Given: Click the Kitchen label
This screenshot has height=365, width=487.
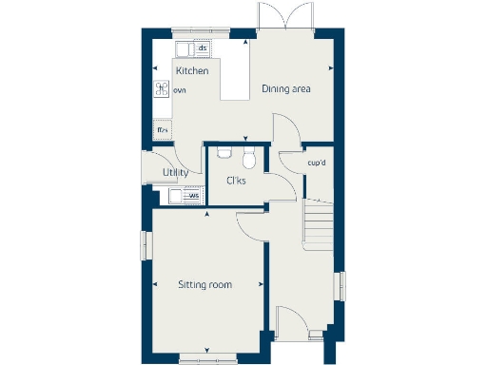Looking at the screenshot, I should click(x=192, y=71).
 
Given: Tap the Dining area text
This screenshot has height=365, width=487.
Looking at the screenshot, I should click(x=288, y=89).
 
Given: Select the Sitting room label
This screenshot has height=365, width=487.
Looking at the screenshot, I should click(x=205, y=284).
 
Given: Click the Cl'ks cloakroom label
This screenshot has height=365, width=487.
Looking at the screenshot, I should click(x=236, y=181).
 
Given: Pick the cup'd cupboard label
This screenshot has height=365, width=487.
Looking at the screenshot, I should click(x=317, y=163).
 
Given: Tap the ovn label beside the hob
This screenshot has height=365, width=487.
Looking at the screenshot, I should click(x=180, y=90).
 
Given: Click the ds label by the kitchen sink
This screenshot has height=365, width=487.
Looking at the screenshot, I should click(x=203, y=47).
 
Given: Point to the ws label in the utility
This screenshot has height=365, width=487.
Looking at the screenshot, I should click(x=194, y=197).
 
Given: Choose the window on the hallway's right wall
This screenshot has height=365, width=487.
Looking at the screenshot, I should click(x=342, y=286).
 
